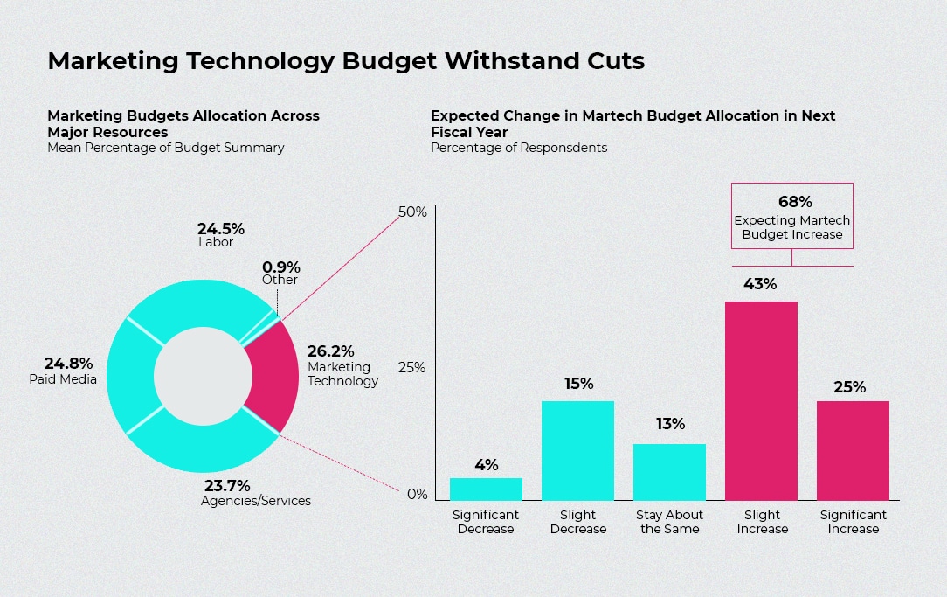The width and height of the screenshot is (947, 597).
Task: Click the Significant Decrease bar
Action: point(486,489)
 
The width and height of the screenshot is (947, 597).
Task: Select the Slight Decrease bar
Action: point(577,450)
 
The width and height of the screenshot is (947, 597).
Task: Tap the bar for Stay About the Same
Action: point(669,472)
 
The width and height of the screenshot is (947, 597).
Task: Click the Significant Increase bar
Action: point(853,450)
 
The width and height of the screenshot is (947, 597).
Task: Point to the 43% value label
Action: point(760,284)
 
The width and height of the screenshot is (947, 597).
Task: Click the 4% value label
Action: point(486,465)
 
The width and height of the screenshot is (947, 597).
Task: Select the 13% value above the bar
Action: point(670,424)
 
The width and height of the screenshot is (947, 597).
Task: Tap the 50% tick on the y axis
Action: point(412,212)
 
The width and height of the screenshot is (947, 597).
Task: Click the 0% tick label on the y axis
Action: point(417,495)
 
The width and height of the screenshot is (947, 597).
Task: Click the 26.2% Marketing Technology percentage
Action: point(330,351)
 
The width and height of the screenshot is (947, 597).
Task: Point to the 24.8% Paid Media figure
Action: point(68,363)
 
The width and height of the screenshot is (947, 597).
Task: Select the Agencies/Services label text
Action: point(256,501)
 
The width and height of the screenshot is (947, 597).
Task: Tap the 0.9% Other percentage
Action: point(280,267)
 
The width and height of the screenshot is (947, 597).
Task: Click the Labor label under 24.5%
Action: point(216,242)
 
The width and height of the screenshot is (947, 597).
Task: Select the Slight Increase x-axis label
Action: point(762,522)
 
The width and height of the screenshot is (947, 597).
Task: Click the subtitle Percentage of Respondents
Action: point(519,148)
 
